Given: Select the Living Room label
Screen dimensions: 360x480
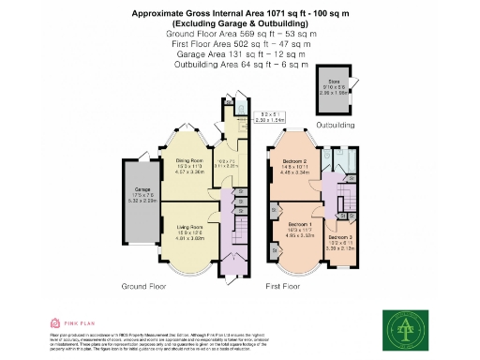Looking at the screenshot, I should (x=190, y=227).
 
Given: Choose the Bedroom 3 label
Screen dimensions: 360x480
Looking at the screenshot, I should (x=340, y=242).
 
